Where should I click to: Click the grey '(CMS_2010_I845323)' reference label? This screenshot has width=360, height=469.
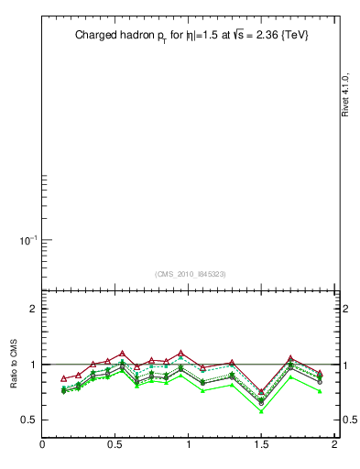click(189, 274)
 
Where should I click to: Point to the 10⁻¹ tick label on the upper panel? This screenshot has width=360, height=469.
click(27, 240)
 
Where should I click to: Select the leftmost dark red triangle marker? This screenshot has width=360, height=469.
click(64, 378)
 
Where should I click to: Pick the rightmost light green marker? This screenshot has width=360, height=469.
click(320, 391)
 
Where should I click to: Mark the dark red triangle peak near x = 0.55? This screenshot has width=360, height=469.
click(123, 353)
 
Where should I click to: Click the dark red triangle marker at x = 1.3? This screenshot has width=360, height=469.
click(232, 363)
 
